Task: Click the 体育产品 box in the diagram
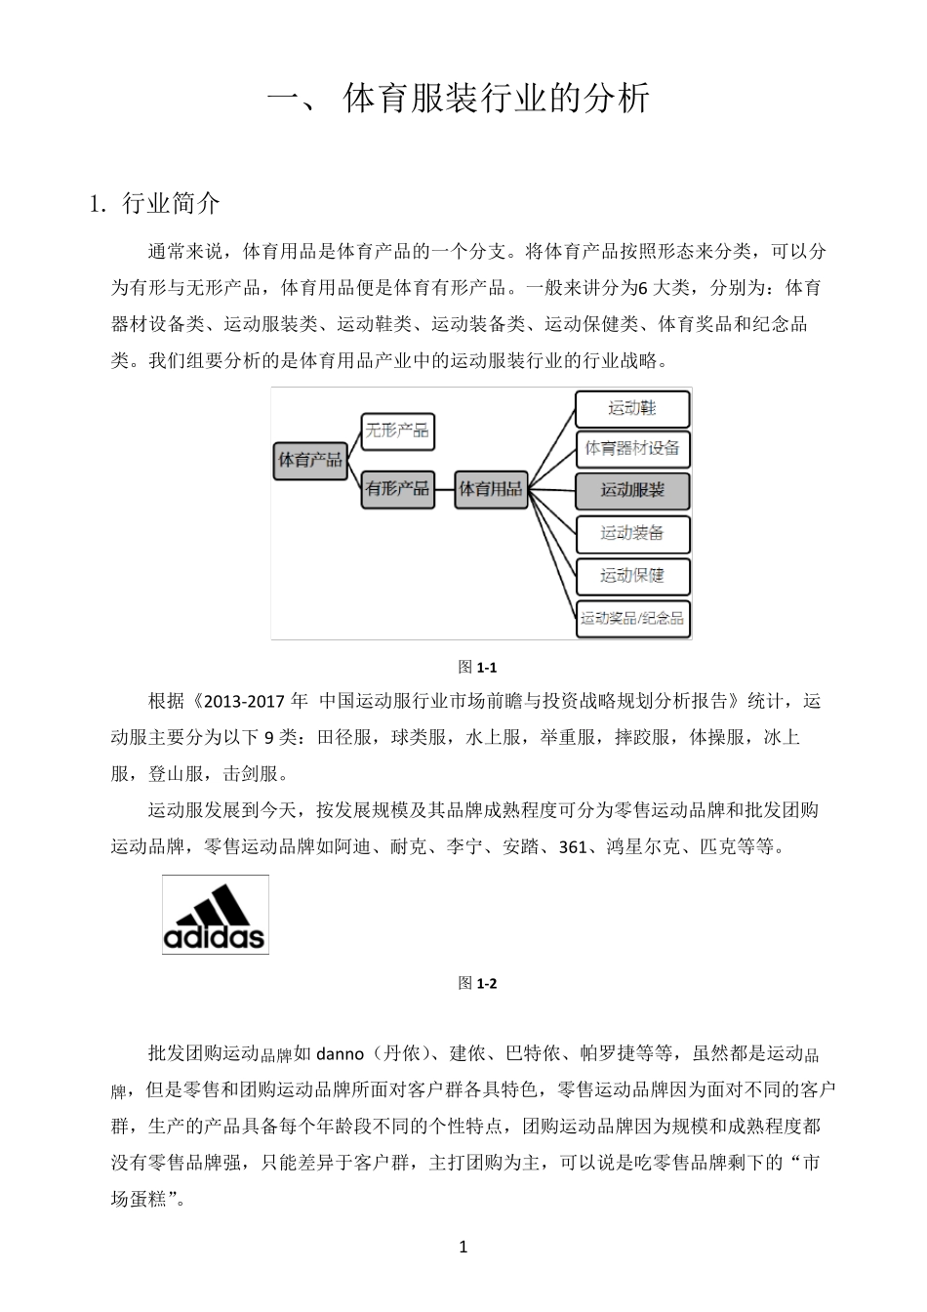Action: [310, 459]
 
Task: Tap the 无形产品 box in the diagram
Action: [396, 430]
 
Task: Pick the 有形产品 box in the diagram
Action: [396, 487]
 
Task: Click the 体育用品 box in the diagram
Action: [490, 487]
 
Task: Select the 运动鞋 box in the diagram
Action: [632, 408]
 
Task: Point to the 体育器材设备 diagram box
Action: [632, 449]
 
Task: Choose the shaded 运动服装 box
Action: [632, 490]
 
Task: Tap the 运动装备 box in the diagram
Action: [632, 533]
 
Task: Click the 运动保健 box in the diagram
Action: [632, 575]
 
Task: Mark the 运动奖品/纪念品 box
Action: [632, 617]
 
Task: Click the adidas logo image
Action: [215, 915]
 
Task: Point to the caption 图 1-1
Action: [478, 668]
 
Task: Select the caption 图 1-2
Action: [478, 983]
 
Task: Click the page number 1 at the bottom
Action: [463, 1247]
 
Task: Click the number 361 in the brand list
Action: [573, 847]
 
